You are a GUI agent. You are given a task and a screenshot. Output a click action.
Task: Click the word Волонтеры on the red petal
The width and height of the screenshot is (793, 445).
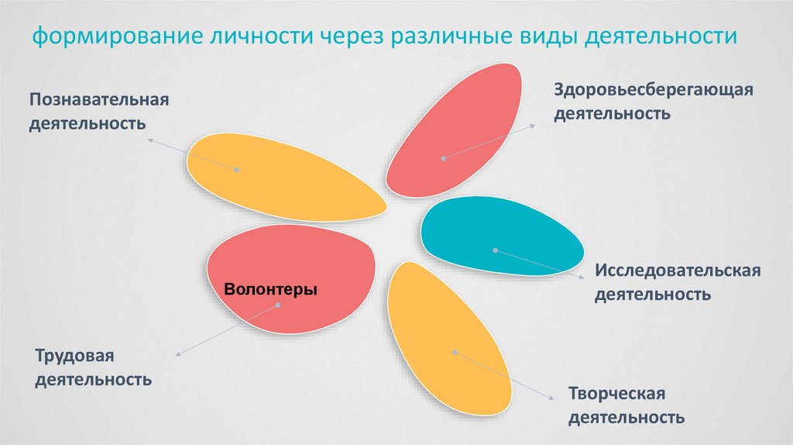pos(270,289)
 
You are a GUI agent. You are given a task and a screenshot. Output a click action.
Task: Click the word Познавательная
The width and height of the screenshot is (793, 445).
pos(99,100)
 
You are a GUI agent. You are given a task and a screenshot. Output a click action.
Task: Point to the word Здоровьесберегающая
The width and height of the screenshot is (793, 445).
pos(653,90)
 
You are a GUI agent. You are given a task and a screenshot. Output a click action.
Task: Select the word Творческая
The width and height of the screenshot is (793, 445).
pos(616,394)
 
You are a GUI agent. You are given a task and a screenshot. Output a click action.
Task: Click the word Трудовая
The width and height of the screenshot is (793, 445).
pos(74,356)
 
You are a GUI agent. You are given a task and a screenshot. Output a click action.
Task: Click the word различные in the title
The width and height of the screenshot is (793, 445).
pos(452,36)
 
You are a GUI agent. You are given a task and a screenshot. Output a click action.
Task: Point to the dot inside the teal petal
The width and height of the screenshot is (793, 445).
pos(495,250)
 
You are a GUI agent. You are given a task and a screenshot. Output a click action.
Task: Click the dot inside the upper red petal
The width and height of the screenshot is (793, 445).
pos(444,158)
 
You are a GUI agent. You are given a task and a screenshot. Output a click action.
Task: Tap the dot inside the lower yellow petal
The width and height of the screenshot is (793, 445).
pos(455,352)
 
